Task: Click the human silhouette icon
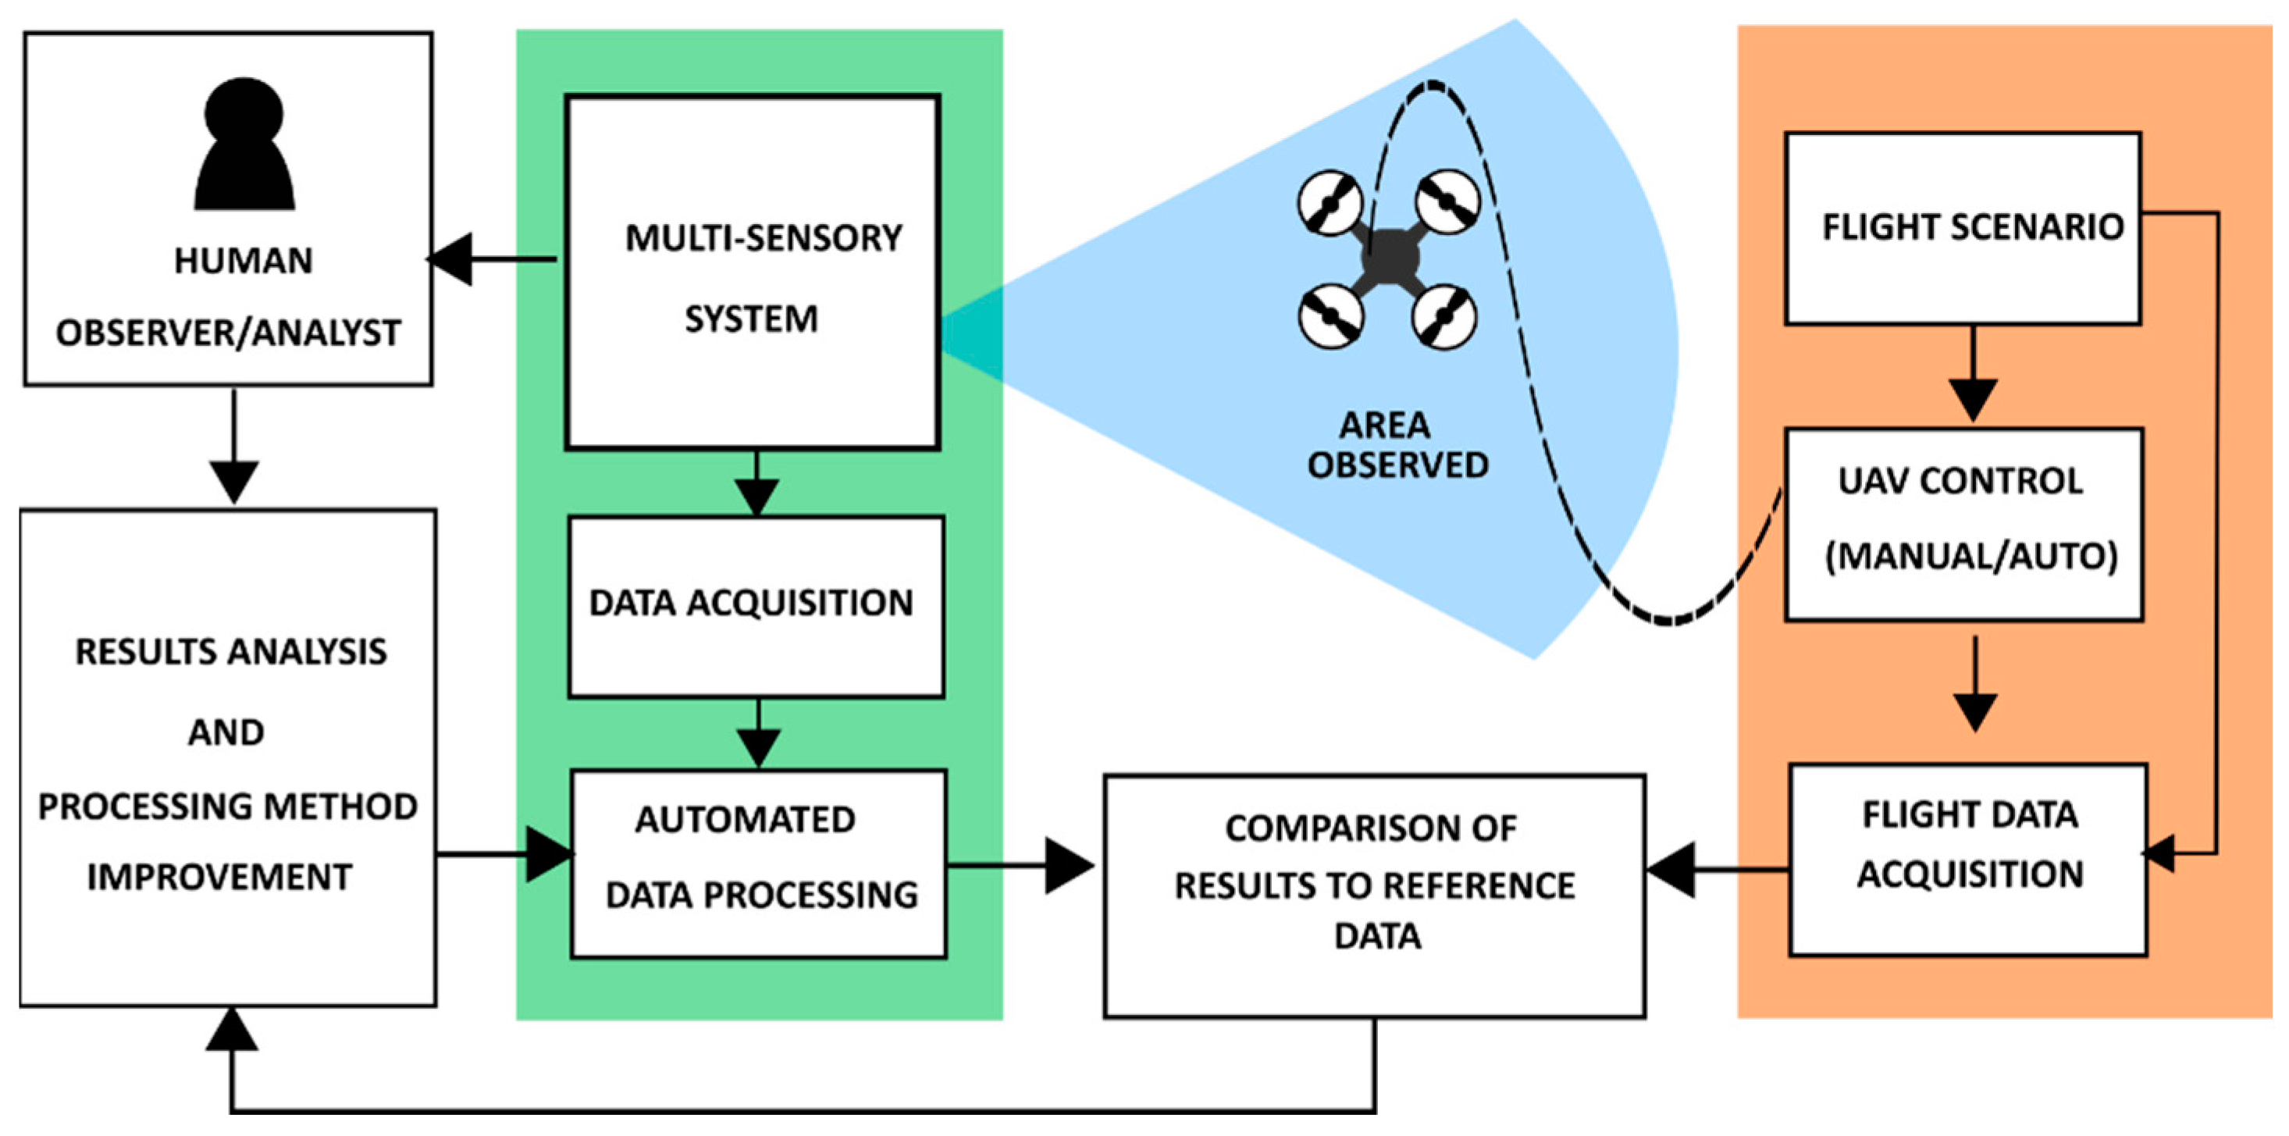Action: point(244,147)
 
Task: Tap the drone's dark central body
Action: point(1389,258)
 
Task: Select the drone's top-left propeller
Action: point(1330,204)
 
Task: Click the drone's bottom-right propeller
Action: point(1444,316)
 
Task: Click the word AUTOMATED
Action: point(745,819)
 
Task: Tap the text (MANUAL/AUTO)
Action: point(1971,557)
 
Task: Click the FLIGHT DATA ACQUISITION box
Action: point(1967,860)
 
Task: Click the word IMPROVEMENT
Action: point(219,877)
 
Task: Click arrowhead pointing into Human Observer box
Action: point(451,259)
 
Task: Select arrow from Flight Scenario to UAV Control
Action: point(1973,373)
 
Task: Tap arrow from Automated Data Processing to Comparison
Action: point(1022,865)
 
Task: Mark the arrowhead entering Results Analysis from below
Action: point(232,1031)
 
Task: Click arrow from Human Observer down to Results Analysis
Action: point(233,444)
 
